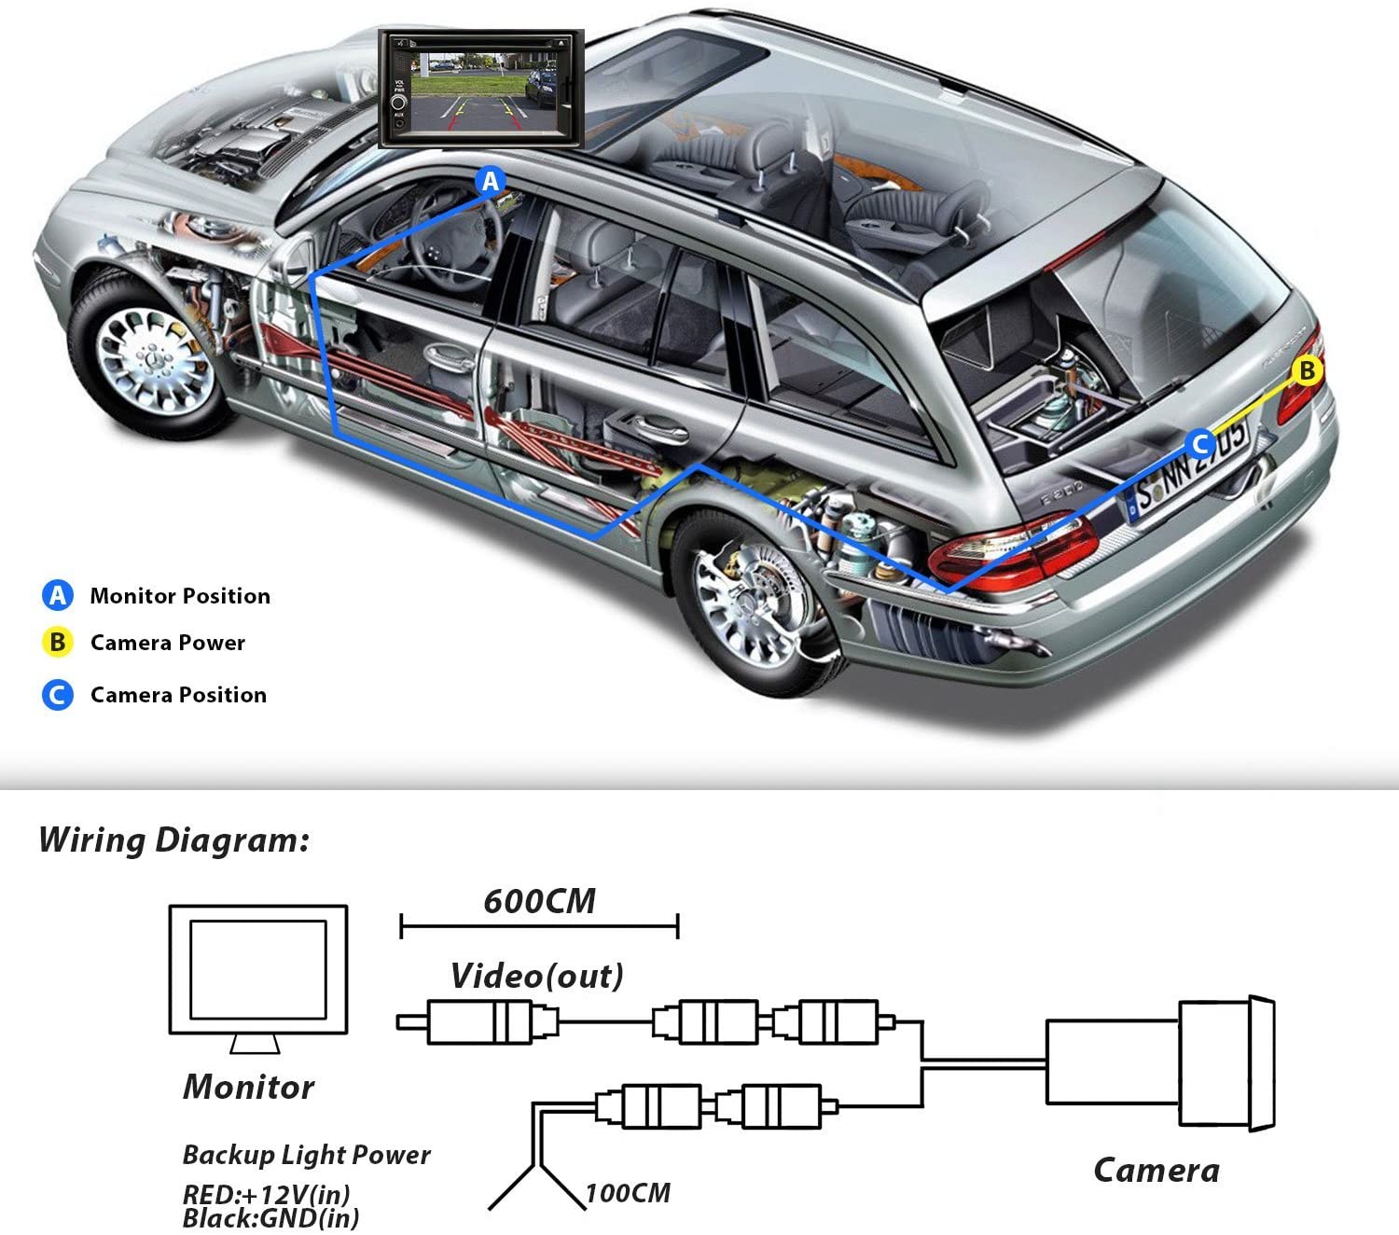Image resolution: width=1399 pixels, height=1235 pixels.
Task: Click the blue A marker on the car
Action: coord(491,181)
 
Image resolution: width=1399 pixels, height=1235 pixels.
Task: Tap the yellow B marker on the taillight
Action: coord(1307,370)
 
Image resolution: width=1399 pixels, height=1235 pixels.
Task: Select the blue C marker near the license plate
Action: coord(1200,444)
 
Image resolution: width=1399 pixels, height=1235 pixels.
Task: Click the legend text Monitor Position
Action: coord(180,596)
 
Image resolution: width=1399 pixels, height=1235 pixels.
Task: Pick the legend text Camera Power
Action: coord(168,643)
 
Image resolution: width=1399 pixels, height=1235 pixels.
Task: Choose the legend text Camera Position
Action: coord(178,695)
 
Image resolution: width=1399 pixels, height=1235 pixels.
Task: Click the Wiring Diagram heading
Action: coord(173,840)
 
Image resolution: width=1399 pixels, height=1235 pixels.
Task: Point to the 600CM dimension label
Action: coord(539,902)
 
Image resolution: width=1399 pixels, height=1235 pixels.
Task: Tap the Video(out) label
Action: coord(537,977)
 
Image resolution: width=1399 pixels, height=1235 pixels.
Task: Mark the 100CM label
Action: coord(628,1193)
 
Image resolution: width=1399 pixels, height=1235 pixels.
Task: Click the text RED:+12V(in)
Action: coord(266,1194)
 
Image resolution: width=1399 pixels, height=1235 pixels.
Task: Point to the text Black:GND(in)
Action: coord(270,1218)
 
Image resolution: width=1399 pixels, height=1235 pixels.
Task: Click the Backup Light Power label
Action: coord(306,1155)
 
